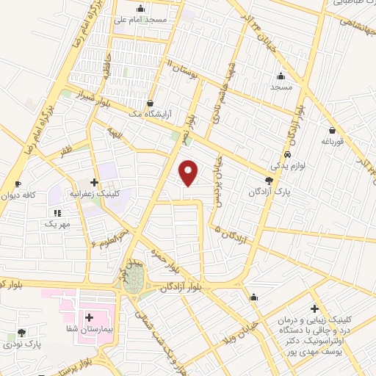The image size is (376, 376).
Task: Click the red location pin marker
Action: [189, 172]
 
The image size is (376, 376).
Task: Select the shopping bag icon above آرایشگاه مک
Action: [151, 104]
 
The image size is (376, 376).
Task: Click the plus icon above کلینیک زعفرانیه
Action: [94, 182]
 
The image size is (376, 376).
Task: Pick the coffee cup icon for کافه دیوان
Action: [18, 183]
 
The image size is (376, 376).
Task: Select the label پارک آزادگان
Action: [267, 192]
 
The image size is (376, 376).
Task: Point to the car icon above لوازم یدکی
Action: [289, 154]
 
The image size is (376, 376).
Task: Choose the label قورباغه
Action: [333, 140]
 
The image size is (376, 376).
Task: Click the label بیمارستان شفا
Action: [90, 330]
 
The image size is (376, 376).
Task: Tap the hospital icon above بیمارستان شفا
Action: [90, 318]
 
